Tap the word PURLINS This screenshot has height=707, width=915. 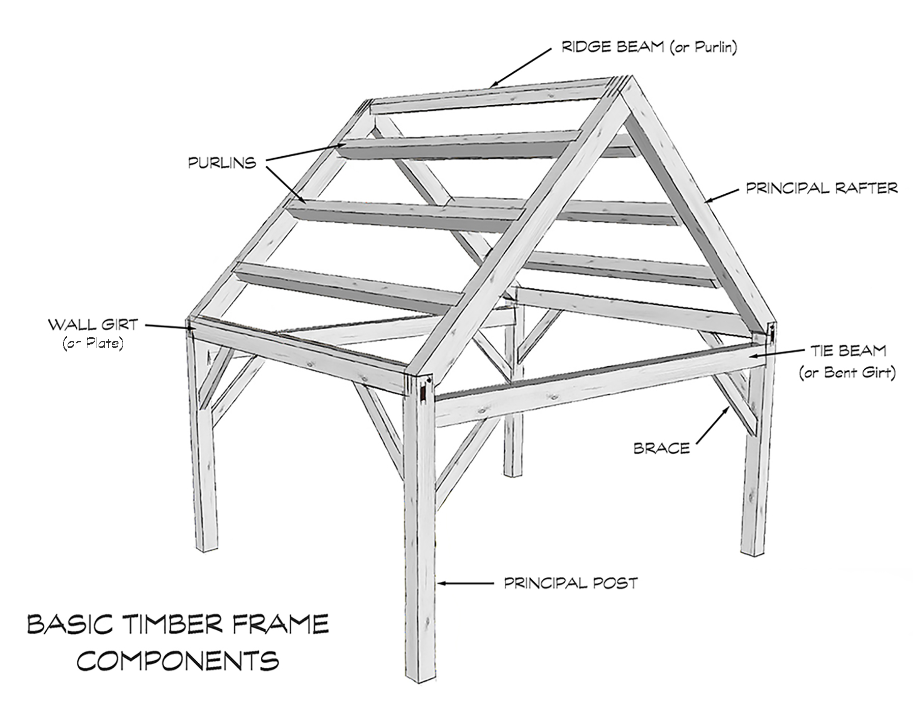pyautogui.click(x=222, y=163)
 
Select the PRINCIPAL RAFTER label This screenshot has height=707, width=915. pyautogui.click(x=821, y=188)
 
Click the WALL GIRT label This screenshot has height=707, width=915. pyautogui.click(x=93, y=325)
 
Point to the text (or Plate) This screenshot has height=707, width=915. pyautogui.click(x=93, y=344)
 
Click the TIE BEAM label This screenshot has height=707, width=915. pyautogui.click(x=848, y=351)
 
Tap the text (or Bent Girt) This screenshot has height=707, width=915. pyautogui.click(x=847, y=373)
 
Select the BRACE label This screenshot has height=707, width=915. pyautogui.click(x=661, y=449)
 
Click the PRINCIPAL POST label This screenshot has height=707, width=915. pyautogui.click(x=570, y=583)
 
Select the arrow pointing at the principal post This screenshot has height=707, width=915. pyautogui.click(x=465, y=583)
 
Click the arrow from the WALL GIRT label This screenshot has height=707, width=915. pyautogui.click(x=168, y=327)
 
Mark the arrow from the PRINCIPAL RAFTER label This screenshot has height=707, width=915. pyautogui.click(x=721, y=195)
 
